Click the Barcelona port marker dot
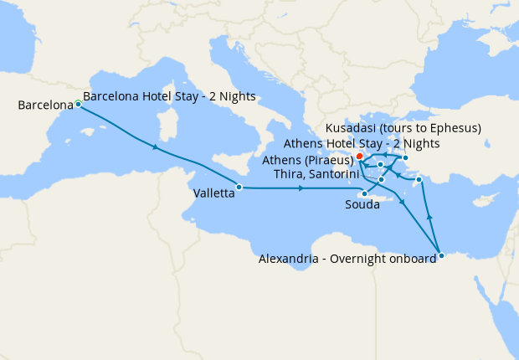78,104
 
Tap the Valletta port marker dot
239,187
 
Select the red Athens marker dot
359,156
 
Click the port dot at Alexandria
441,256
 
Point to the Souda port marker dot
364,194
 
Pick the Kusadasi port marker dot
405,157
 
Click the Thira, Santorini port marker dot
381,180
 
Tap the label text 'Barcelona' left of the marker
45,105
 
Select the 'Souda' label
362,205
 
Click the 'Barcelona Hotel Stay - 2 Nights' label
169,96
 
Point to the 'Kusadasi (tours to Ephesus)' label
403,128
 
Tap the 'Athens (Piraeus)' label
307,160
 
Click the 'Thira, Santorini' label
319,174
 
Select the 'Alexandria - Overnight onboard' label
347,259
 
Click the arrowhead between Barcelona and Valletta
156,148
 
